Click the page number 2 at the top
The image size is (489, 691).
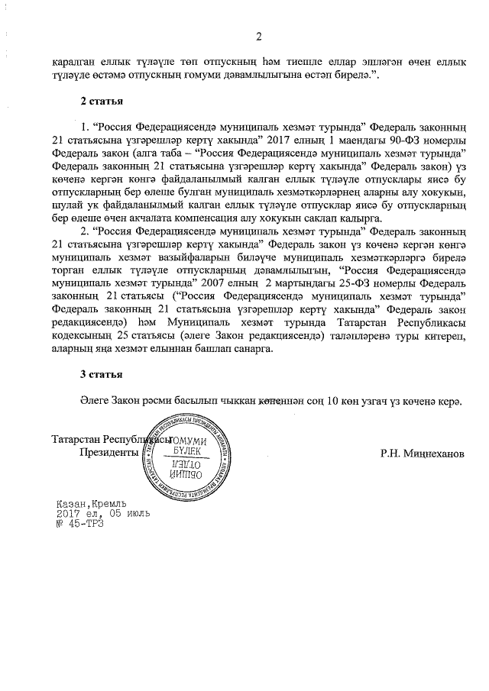coord(258,36)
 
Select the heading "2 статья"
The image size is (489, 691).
coord(102,101)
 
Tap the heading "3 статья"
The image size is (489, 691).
coord(102,374)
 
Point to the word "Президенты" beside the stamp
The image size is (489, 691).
coord(108,452)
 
